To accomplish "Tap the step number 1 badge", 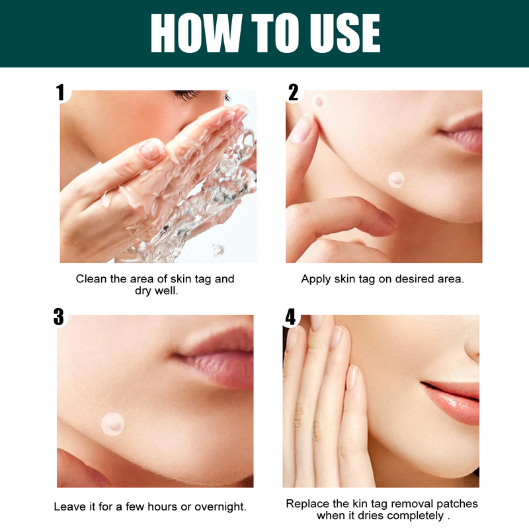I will coord(61,92).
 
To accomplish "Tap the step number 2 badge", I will coord(293,92).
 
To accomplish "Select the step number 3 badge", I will coord(59,317).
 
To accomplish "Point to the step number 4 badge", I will coord(291,317).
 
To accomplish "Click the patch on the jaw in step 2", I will coord(396,178).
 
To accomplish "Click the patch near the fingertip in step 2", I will coord(320,101).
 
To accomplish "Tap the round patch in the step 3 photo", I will coord(110,423).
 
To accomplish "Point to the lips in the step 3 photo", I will coord(218,357).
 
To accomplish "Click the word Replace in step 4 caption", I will coord(307,504).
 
